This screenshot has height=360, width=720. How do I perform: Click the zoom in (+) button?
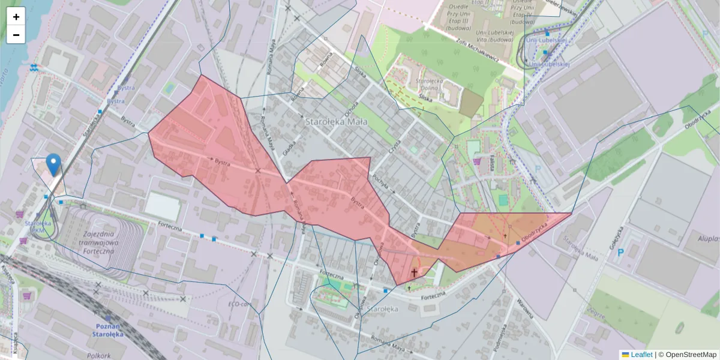click(16, 17)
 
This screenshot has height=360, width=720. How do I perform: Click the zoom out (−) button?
click(16, 35)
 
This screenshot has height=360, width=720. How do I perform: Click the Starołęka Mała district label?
click(332, 121)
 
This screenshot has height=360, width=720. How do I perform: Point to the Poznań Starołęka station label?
click(108, 330)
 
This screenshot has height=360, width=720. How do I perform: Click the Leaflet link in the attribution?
click(641, 355)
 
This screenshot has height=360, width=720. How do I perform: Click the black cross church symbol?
click(413, 273)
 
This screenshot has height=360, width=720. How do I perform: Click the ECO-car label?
click(238, 304)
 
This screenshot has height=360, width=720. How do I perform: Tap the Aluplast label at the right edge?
click(708, 238)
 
